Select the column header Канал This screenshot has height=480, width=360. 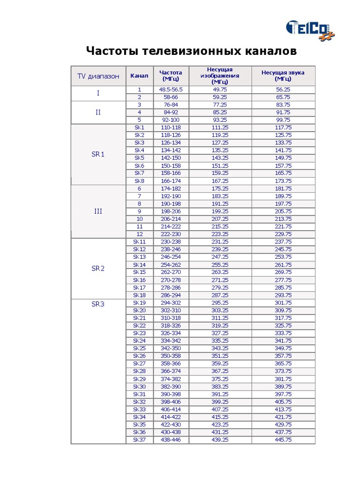(x=139, y=76)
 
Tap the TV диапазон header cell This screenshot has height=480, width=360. (x=98, y=76)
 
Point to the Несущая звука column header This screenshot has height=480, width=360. (x=283, y=76)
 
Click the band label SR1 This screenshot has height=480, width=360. (x=98, y=154)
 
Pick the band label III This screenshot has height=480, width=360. (x=98, y=211)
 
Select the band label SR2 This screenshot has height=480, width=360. (x=98, y=269)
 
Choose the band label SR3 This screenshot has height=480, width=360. (x=98, y=304)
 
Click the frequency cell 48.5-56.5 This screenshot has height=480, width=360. (x=171, y=89)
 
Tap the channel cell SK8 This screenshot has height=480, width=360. (x=139, y=181)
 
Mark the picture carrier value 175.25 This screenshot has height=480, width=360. (x=220, y=188)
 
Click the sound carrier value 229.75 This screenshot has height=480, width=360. (x=283, y=234)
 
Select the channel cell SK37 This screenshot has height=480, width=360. (x=139, y=440)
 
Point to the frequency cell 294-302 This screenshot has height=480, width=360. (x=171, y=303)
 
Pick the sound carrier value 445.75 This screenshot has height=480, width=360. (x=283, y=440)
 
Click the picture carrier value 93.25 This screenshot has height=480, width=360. (x=220, y=120)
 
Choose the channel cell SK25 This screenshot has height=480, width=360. (x=139, y=348)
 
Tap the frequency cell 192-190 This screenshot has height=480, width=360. (x=171, y=196)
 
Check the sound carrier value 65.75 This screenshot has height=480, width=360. (x=283, y=97)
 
